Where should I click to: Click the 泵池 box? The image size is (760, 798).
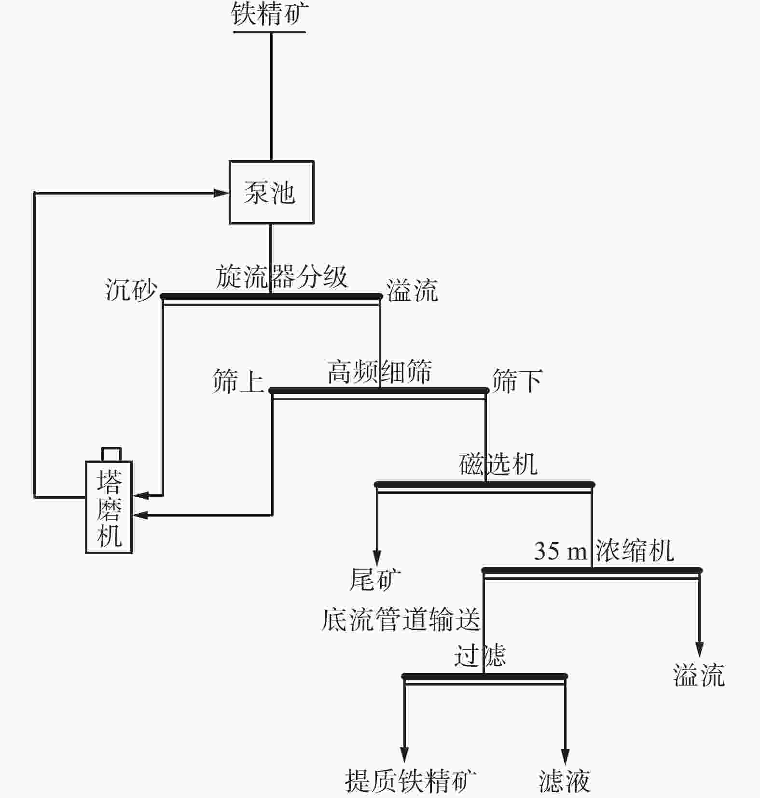pos(271,192)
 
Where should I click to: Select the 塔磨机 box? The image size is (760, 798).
pos(109,507)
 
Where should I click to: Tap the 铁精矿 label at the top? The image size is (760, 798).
pos(269,14)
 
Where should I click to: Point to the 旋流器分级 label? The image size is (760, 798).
pos(281,277)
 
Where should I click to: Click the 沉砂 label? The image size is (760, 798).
pos(131,291)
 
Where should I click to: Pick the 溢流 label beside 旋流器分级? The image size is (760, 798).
pos(412,291)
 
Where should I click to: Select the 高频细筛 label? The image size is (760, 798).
pos(379,372)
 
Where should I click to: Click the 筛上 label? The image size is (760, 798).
pos(238,381)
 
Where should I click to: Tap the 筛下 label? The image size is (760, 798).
pos(517,381)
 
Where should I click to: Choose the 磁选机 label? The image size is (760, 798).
pos(498,464)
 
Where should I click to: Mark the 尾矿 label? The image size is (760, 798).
pos(375,579)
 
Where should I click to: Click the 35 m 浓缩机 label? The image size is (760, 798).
pos(603,550)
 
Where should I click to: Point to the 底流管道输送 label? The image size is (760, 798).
pos(401,620)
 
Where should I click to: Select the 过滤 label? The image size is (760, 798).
pos(480,656)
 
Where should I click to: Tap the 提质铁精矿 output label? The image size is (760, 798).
pos(410,781)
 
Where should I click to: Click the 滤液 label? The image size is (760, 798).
pos(564,781)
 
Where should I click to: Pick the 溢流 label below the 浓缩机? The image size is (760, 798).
pos(699,675)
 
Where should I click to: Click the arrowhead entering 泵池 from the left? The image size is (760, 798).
pos(221,193)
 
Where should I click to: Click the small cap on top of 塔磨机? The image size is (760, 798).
pos(111,454)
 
